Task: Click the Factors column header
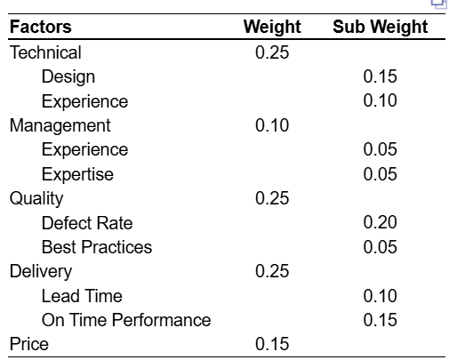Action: click(x=41, y=28)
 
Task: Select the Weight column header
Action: click(x=272, y=28)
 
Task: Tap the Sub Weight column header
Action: click(x=380, y=28)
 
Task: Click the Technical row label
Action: click(x=45, y=52)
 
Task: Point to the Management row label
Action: click(x=60, y=125)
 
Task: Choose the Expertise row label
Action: click(x=77, y=174)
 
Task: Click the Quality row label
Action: click(x=36, y=198)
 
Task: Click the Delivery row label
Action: click(x=41, y=271)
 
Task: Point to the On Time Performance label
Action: click(x=126, y=319)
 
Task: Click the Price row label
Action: click(x=28, y=344)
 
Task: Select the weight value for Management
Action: click(x=272, y=125)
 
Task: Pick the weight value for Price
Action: click(x=272, y=344)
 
